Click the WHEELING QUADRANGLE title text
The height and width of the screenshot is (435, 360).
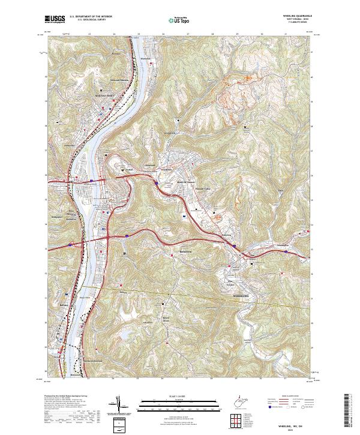(294, 16)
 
